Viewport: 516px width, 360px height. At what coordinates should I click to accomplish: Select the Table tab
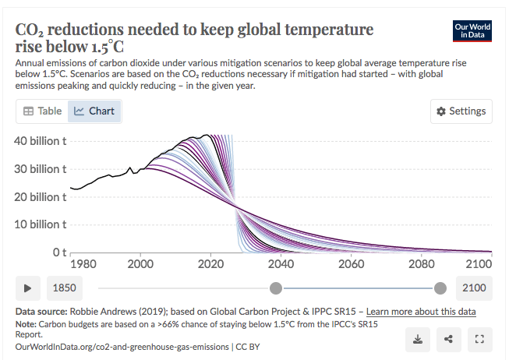(43, 111)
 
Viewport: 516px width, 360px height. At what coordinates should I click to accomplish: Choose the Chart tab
(94, 111)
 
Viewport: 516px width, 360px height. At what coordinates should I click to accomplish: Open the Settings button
(461, 111)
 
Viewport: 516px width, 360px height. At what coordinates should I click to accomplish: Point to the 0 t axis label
(58, 252)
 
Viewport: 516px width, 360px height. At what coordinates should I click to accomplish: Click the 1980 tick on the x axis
(70, 264)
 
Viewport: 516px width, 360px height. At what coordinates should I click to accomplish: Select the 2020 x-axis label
(210, 264)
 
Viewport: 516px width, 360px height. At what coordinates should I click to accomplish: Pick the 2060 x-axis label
(352, 264)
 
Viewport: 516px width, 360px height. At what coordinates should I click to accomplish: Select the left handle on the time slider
(275, 288)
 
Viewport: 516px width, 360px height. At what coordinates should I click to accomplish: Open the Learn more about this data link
(421, 312)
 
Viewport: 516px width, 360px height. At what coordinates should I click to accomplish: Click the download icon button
(419, 339)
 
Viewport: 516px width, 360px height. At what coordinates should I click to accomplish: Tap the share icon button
(448, 339)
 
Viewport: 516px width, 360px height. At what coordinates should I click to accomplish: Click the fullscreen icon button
(480, 339)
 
